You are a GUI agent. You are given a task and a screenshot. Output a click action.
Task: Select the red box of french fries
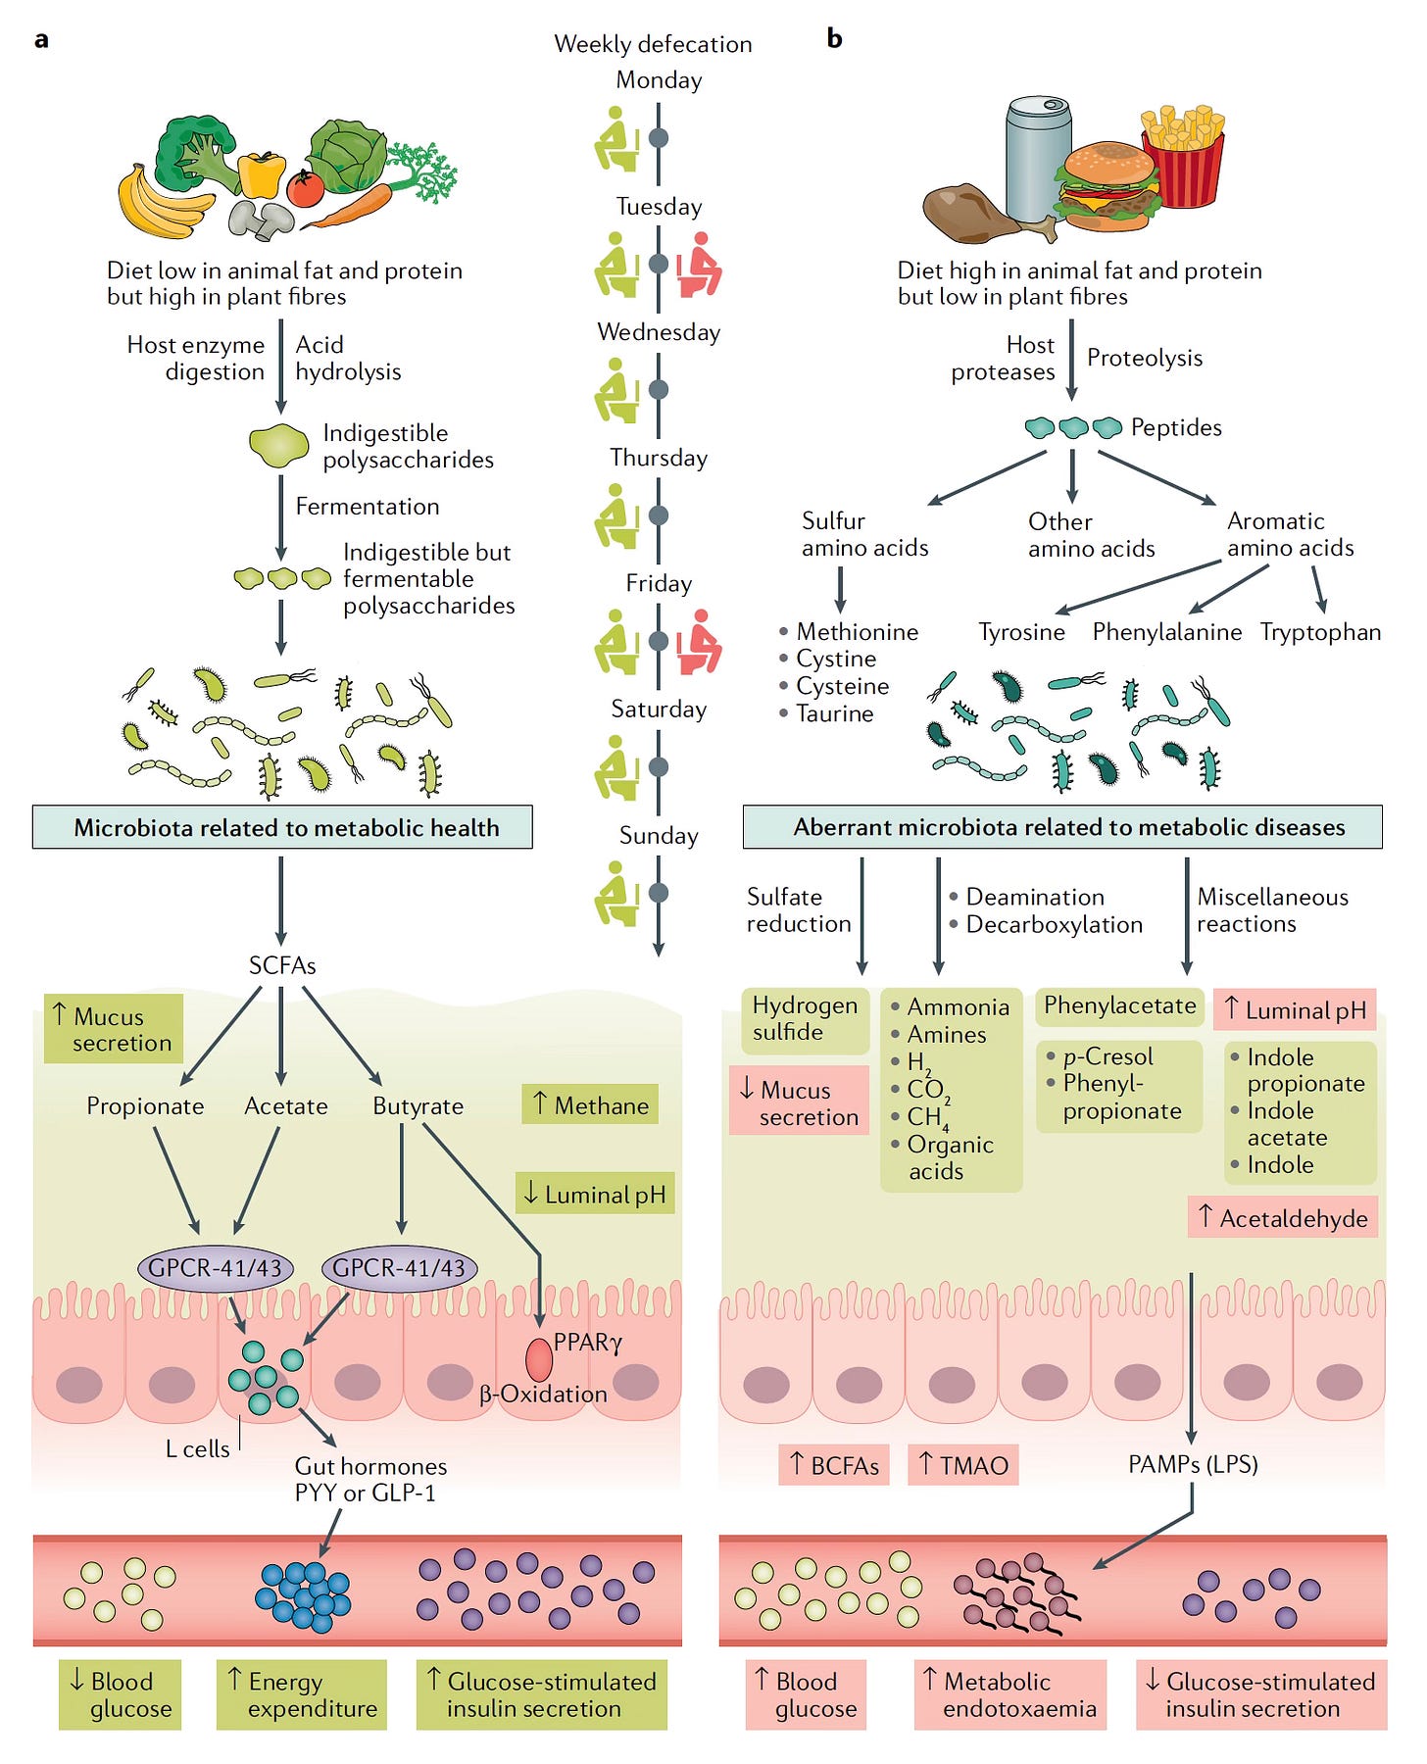[1183, 157]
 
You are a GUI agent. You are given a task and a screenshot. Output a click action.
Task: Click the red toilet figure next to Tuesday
[701, 264]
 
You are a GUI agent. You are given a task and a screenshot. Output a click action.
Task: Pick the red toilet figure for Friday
[701, 642]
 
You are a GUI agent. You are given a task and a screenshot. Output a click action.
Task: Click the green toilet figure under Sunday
[616, 894]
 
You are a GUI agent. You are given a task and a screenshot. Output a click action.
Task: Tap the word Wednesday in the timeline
[659, 332]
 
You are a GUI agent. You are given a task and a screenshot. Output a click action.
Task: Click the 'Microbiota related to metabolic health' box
[282, 827]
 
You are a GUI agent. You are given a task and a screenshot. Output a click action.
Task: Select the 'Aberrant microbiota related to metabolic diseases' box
[1062, 827]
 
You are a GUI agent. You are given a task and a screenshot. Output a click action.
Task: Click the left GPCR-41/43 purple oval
[215, 1268]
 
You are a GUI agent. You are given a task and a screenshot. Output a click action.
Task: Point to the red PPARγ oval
[539, 1360]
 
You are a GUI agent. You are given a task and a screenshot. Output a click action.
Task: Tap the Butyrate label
[418, 1106]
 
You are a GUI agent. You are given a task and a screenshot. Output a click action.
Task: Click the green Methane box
[590, 1104]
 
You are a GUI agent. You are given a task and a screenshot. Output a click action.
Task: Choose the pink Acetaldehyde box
[1283, 1217]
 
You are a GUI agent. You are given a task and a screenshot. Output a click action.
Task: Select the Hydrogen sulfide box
[805, 1020]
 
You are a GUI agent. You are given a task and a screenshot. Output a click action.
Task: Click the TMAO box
[963, 1465]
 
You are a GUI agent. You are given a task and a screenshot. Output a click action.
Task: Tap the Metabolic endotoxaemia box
[1010, 1694]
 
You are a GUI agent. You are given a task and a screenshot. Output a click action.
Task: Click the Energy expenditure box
[301, 1694]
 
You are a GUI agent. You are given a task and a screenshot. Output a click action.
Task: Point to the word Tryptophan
[1320, 632]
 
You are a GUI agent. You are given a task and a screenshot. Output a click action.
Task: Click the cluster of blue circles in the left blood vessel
[303, 1596]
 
